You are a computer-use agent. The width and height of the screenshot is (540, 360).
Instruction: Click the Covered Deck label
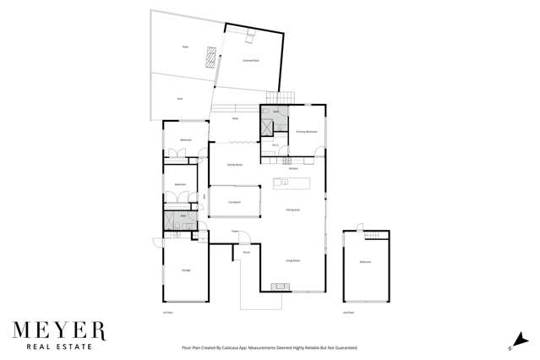pos(250,61)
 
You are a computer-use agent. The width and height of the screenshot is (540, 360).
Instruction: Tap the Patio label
pos(185,47)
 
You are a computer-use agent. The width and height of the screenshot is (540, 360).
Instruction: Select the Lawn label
pos(180,99)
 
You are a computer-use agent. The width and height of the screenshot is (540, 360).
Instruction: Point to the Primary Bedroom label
pos(306,132)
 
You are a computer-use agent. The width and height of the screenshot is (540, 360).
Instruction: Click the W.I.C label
pos(275,145)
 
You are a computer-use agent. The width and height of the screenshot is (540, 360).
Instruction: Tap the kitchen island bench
pos(292,183)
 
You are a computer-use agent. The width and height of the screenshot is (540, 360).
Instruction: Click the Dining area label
pos(292,210)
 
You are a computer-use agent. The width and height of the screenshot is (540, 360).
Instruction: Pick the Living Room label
pos(292,260)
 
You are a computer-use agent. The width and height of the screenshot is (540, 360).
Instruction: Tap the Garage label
pos(185,270)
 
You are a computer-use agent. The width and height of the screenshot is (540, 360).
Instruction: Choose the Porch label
pos(246,252)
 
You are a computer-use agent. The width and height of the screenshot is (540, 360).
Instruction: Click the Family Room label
pos(235,165)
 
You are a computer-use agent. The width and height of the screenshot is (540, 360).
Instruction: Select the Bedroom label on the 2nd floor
pos(365,262)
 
